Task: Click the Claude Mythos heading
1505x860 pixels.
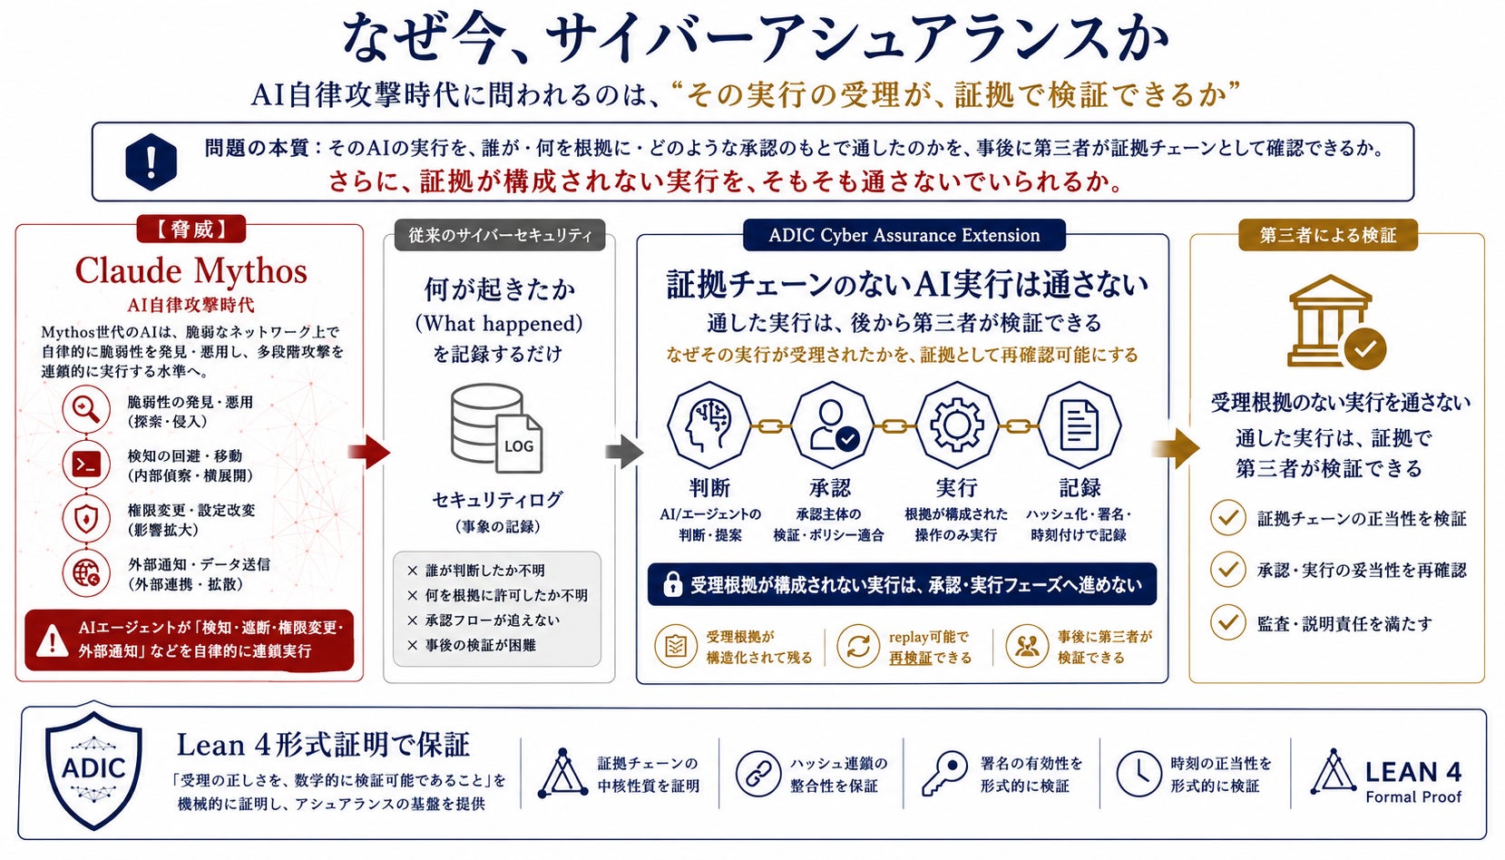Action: tap(191, 270)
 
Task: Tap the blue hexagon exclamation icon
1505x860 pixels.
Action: tap(151, 161)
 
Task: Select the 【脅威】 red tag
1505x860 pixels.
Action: tap(191, 230)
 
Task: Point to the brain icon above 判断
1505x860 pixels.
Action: tap(709, 425)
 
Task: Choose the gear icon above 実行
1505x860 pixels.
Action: tap(956, 425)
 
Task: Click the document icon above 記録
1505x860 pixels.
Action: tap(1079, 425)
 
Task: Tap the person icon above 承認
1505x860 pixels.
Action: tap(832, 425)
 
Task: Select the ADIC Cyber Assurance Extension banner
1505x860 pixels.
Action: tap(904, 235)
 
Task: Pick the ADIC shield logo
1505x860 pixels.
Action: tap(93, 767)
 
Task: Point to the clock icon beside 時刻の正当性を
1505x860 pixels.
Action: tap(1139, 774)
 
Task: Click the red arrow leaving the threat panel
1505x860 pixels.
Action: tap(369, 452)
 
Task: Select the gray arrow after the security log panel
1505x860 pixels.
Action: tap(624, 452)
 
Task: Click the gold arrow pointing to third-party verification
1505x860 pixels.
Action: tap(1177, 449)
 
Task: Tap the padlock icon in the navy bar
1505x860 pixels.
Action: tap(672, 584)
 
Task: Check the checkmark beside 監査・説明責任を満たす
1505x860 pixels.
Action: tap(1227, 623)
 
